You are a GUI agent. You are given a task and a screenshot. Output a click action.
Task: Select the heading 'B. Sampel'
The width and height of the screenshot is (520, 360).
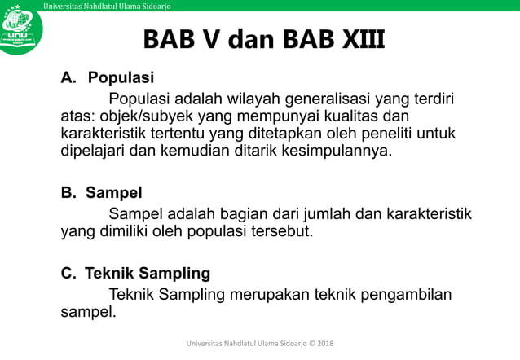[102, 193]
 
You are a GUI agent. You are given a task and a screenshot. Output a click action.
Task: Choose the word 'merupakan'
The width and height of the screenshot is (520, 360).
[267, 293]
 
